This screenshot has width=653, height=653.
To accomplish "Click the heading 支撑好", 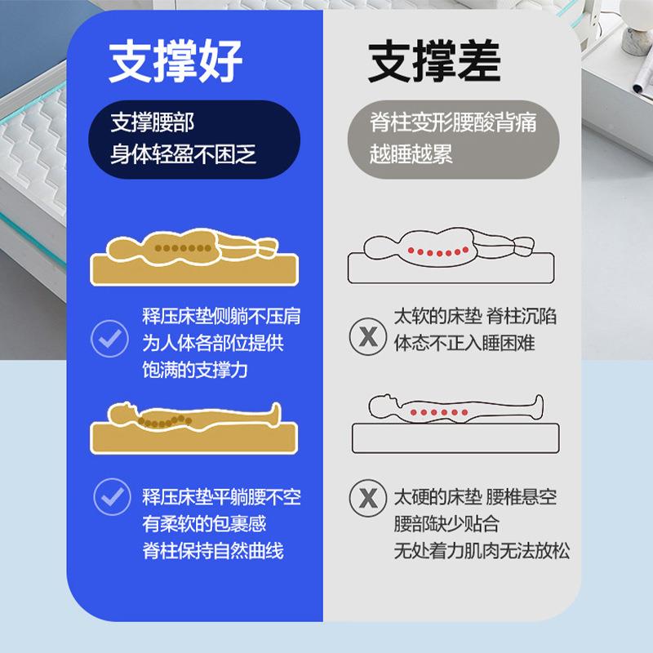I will pyautogui.click(x=176, y=59).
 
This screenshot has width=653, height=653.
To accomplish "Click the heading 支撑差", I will pyautogui.click(x=434, y=59).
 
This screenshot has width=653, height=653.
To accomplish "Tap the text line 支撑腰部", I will pyautogui.click(x=153, y=124).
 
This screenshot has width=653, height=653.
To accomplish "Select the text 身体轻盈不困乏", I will pyautogui.click(x=184, y=154).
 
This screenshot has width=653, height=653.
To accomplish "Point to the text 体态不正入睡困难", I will pyautogui.click(x=464, y=343).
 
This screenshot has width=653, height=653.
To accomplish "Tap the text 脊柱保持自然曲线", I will pyautogui.click(x=213, y=552).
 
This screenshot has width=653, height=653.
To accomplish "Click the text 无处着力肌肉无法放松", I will pyautogui.click(x=482, y=552).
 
